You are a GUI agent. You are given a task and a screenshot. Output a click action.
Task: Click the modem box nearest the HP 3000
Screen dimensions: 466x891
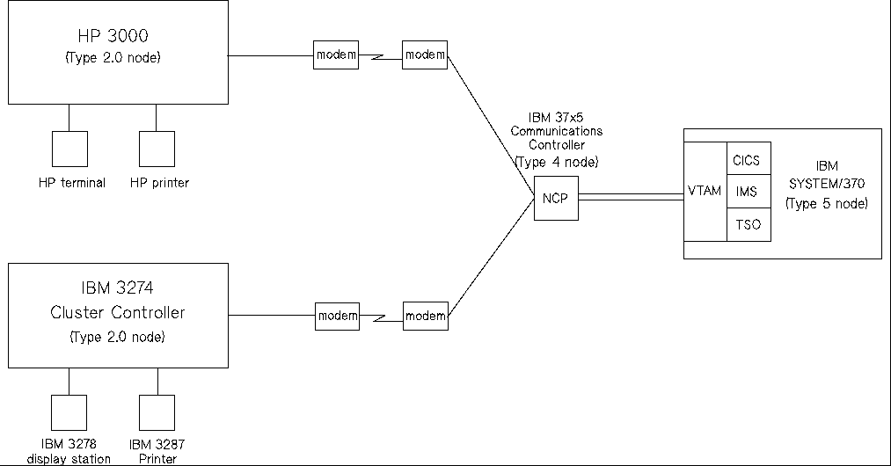tap(337, 55)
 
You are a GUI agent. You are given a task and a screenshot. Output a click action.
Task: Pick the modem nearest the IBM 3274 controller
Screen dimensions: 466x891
tap(337, 316)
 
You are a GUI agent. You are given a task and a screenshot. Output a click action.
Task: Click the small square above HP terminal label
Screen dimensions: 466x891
tap(69, 149)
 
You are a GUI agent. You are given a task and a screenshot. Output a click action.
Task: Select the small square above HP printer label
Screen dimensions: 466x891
tap(157, 149)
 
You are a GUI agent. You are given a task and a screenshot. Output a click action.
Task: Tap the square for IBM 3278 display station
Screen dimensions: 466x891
tap(69, 411)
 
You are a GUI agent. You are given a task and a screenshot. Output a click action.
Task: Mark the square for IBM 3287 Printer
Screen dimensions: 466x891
tap(157, 411)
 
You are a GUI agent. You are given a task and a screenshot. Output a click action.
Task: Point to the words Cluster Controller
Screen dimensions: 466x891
tap(119, 313)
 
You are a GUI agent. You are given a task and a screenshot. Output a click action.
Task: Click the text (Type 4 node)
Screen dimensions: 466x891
tap(556, 163)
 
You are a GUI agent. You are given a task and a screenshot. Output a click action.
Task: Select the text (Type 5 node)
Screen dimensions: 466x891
tap(827, 204)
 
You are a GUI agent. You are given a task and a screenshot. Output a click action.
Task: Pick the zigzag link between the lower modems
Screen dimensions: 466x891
tap(380, 316)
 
